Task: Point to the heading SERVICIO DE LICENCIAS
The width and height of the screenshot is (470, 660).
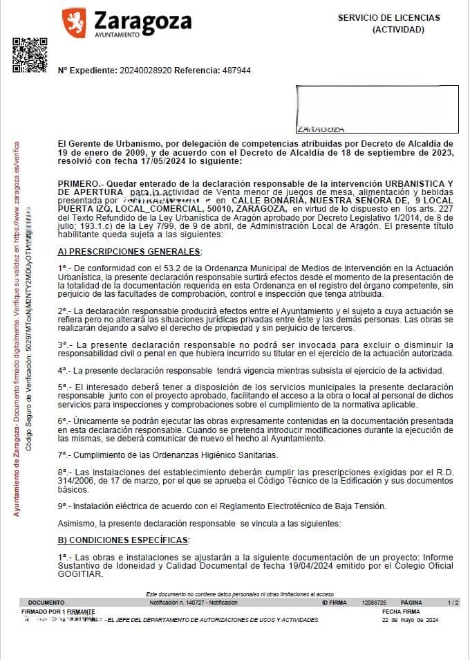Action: [388, 18]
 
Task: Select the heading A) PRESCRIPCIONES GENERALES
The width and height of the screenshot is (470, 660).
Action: [130, 251]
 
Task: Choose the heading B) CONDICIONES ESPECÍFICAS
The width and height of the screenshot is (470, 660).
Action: [124, 540]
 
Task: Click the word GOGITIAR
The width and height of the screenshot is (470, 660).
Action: [80, 574]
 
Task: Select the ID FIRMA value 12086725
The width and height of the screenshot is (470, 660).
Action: [375, 603]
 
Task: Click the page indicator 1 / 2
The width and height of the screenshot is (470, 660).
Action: [453, 603]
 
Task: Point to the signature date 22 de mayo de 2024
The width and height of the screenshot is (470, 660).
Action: [411, 620]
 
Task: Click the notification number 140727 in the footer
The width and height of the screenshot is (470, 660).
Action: [186, 603]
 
